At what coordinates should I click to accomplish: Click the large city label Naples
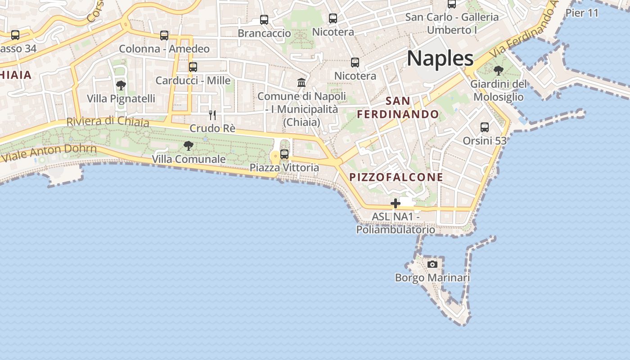pos(440,58)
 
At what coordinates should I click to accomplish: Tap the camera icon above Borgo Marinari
pos(432,264)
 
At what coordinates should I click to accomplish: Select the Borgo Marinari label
pos(432,278)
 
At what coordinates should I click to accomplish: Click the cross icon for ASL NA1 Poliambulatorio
pos(396,204)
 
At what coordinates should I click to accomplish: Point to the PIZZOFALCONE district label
pos(396,177)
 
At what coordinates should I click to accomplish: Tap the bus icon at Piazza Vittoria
pos(284,154)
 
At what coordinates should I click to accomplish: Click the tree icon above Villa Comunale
pos(189,146)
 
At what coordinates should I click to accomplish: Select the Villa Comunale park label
pos(189,159)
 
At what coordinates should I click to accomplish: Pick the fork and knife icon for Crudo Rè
pos(212,115)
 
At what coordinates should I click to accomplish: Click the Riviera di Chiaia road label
pos(108,121)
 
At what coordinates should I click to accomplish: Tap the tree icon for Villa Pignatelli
pos(121,85)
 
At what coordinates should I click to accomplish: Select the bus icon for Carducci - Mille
pos(193,67)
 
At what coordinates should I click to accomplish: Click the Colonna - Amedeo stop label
pos(164,49)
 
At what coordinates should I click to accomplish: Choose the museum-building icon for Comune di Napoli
pos(301,83)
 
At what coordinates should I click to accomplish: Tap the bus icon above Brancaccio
pos(264,20)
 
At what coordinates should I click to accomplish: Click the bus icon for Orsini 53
pos(485,127)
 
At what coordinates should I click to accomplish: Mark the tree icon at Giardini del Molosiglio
pos(498,71)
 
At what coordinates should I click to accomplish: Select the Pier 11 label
pos(582,13)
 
